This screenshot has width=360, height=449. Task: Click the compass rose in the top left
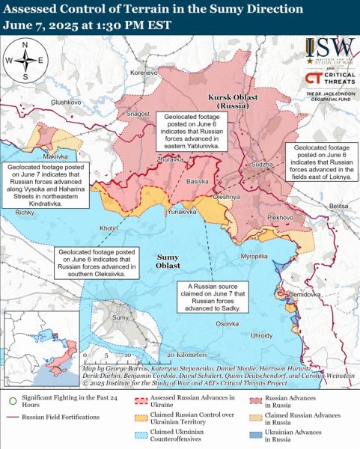[x=25, y=60]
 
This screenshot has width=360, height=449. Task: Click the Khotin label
[x=109, y=227]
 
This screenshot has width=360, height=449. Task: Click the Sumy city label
[x=119, y=318]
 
